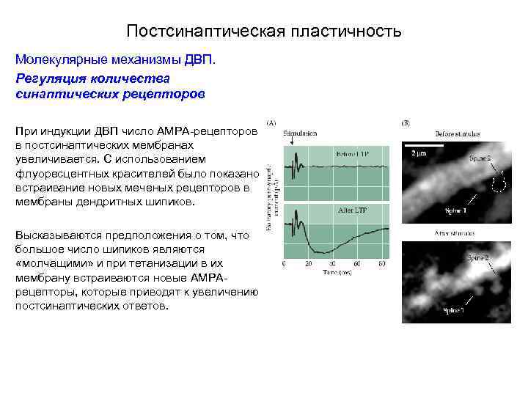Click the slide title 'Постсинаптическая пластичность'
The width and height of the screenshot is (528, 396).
263,32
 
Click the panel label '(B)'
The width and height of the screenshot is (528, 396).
406,123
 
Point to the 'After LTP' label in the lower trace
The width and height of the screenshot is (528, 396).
353,210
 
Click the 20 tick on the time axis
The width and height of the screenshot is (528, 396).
307,262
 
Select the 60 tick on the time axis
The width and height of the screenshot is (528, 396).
381,262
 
